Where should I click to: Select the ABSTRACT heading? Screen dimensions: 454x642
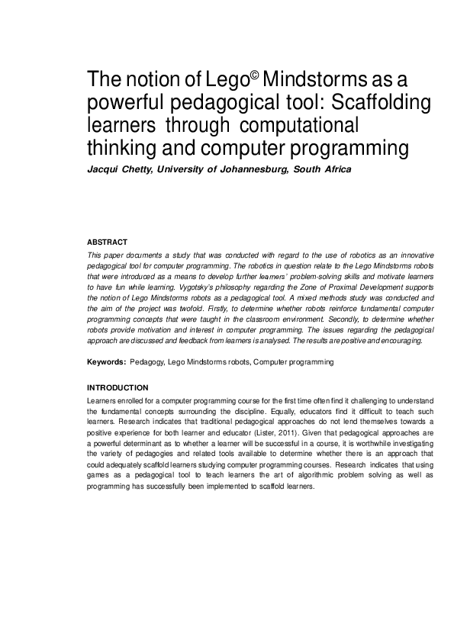click(108, 242)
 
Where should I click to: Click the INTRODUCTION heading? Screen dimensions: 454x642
click(118, 387)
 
